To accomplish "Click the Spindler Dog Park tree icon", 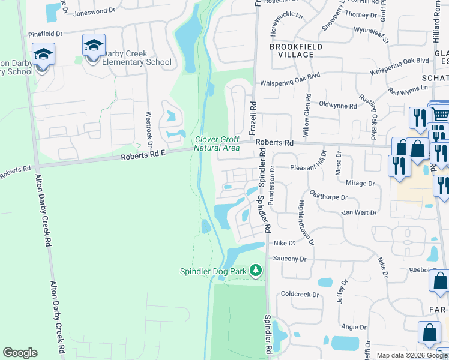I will (x=256, y=271).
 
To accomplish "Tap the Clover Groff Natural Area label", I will (x=217, y=143).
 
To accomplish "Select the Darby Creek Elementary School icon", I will (x=94, y=46).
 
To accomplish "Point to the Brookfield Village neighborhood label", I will (x=296, y=50).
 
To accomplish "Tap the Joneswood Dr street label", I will (x=94, y=11).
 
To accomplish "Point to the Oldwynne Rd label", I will (x=338, y=106).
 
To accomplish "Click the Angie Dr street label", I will (x=354, y=327).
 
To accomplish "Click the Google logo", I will (x=20, y=353).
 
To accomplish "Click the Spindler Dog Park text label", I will (x=214, y=271).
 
